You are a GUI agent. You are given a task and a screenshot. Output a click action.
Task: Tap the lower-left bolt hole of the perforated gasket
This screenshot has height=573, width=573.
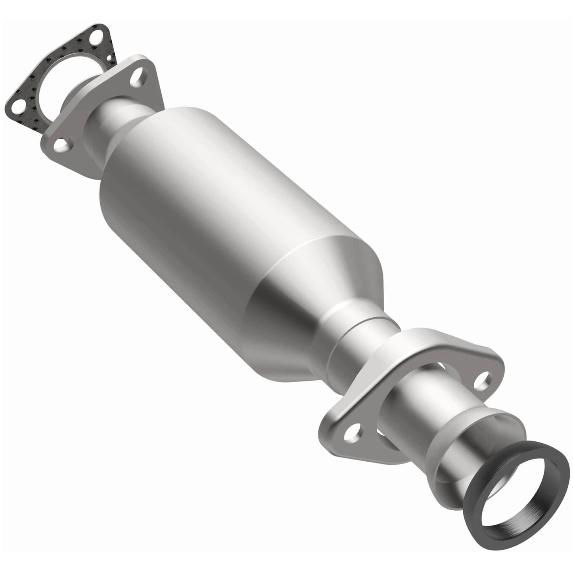tap(16, 106)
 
